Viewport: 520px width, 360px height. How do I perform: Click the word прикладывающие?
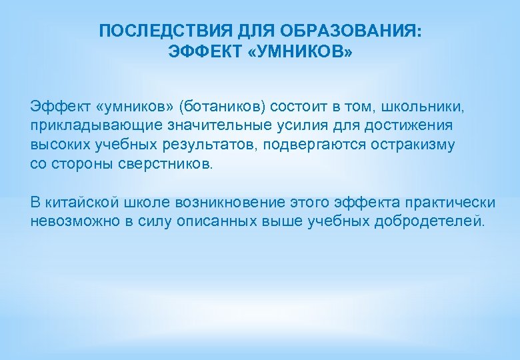[83, 125]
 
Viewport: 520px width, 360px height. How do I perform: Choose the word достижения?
[396, 125]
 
